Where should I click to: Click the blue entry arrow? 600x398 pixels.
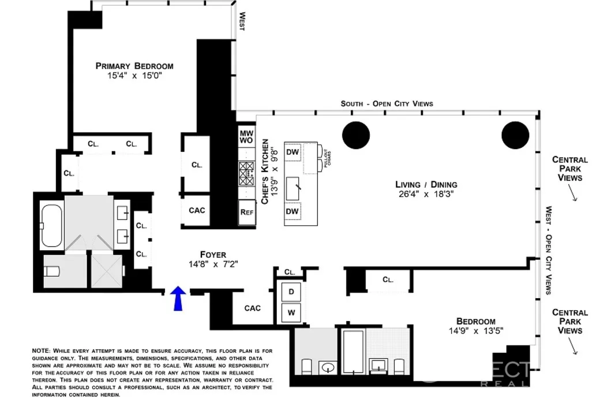(x=179, y=299)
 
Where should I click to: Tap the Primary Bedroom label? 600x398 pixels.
(x=134, y=66)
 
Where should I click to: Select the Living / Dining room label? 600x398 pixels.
(x=426, y=184)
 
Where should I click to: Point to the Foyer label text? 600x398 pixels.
(x=213, y=254)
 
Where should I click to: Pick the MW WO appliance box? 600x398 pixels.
(x=246, y=137)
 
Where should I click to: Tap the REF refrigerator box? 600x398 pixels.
(x=246, y=212)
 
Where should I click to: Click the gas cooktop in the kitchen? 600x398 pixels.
(x=247, y=173)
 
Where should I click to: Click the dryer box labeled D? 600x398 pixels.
(x=291, y=292)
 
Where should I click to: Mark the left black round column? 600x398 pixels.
(x=356, y=136)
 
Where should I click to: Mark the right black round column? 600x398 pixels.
(x=515, y=136)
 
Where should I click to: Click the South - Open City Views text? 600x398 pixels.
(x=387, y=103)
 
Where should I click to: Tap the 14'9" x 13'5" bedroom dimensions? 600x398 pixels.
(x=475, y=332)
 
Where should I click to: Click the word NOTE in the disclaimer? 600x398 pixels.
(x=41, y=351)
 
